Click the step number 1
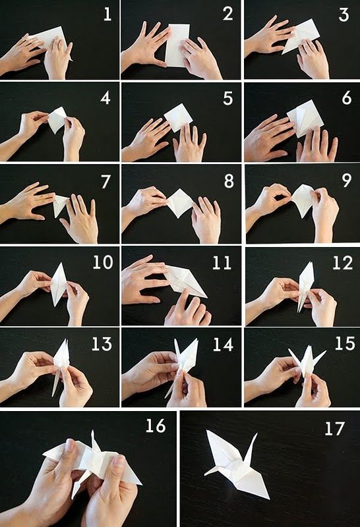click(107, 14)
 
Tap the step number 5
click(228, 98)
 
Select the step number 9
click(347, 180)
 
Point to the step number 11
click(222, 263)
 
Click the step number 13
click(102, 344)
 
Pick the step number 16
click(156, 426)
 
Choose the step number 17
click(335, 429)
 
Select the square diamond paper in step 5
click(178, 118)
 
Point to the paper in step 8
click(181, 202)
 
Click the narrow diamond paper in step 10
click(59, 285)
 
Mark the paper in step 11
click(185, 281)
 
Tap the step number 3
click(344, 15)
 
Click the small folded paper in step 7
click(61, 204)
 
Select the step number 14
click(223, 345)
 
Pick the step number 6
click(347, 98)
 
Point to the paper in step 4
click(57, 120)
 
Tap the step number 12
click(343, 263)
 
